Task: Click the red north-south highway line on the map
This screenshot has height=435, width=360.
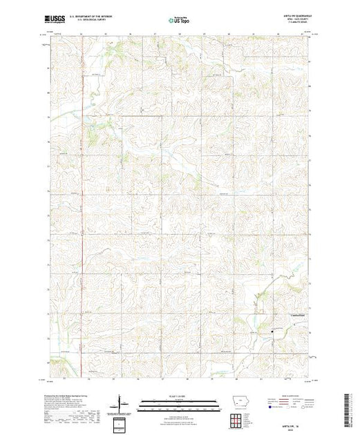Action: pos(82,207)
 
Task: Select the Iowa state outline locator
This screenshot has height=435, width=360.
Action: pos(237,405)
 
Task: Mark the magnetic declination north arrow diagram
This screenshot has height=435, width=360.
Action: pos(123,403)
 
